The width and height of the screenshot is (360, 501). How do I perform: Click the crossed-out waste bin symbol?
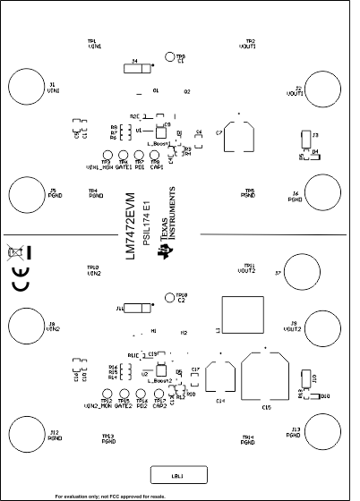coord(15,253)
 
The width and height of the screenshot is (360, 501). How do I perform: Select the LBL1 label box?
coord(178,474)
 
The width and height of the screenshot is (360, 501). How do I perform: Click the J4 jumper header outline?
coord(134,66)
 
